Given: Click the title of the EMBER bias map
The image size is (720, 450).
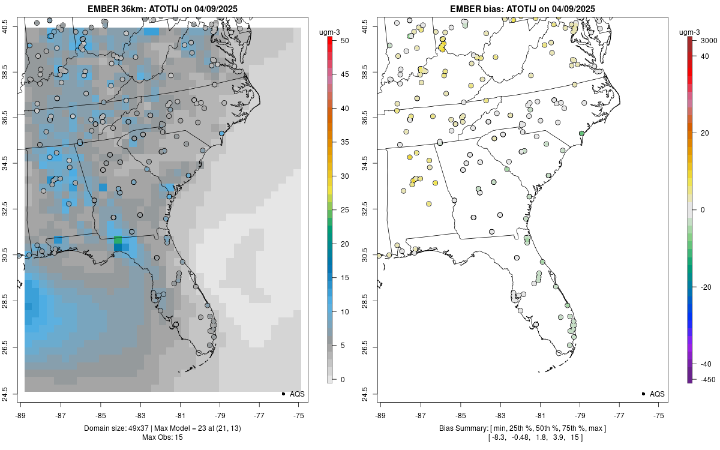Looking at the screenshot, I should pyautogui.click(x=522, y=8).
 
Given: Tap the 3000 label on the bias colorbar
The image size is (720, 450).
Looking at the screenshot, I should pyautogui.click(x=701, y=40).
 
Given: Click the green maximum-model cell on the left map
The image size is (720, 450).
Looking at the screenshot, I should pyautogui.click(x=118, y=240).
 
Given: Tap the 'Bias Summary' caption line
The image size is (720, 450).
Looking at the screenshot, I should pyautogui.click(x=522, y=428).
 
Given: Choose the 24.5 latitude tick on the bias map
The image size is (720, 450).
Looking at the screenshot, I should pyautogui.click(x=373, y=394).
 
